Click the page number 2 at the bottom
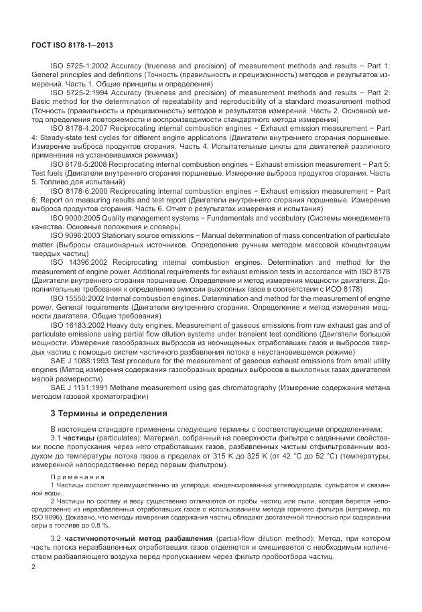(x=34, y=567)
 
